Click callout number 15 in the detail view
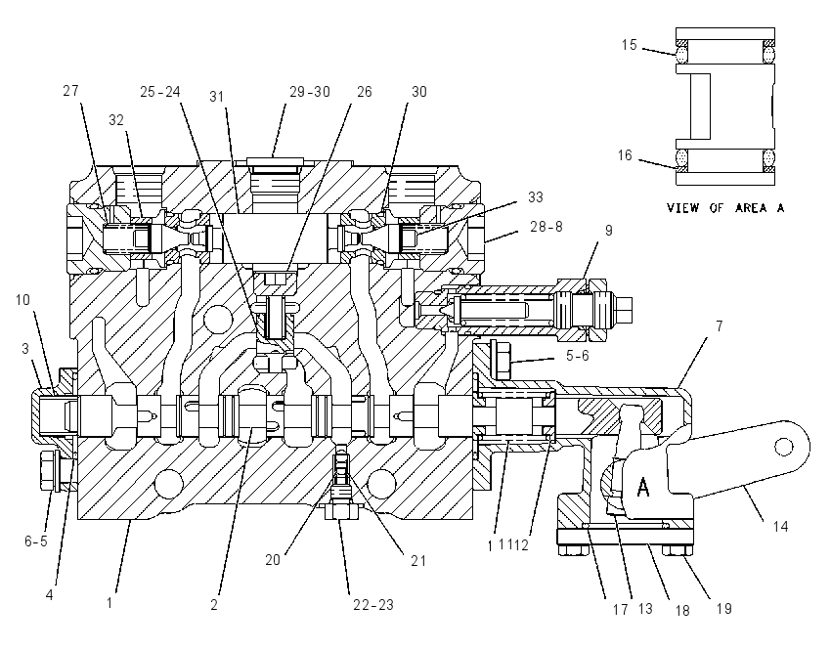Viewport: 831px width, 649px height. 629,45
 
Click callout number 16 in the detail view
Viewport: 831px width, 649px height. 626,155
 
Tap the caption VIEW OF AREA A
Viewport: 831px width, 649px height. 725,207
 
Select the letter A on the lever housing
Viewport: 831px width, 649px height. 643,487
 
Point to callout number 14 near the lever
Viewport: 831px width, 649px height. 781,526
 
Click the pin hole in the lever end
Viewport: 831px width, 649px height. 783,447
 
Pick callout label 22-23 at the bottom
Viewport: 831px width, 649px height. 373,604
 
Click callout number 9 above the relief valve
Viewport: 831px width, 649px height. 608,230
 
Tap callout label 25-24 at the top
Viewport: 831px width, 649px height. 160,92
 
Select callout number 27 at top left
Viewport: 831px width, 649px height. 70,91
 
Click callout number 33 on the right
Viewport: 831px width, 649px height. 536,197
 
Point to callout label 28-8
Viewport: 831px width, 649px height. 547,226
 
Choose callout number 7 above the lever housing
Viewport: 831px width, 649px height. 720,325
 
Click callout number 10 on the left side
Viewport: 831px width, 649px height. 22,300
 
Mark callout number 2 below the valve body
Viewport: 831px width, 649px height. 213,604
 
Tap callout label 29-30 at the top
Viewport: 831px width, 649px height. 310,92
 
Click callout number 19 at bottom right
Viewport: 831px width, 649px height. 723,609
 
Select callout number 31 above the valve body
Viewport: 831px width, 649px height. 216,97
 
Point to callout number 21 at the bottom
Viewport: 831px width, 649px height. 418,560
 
